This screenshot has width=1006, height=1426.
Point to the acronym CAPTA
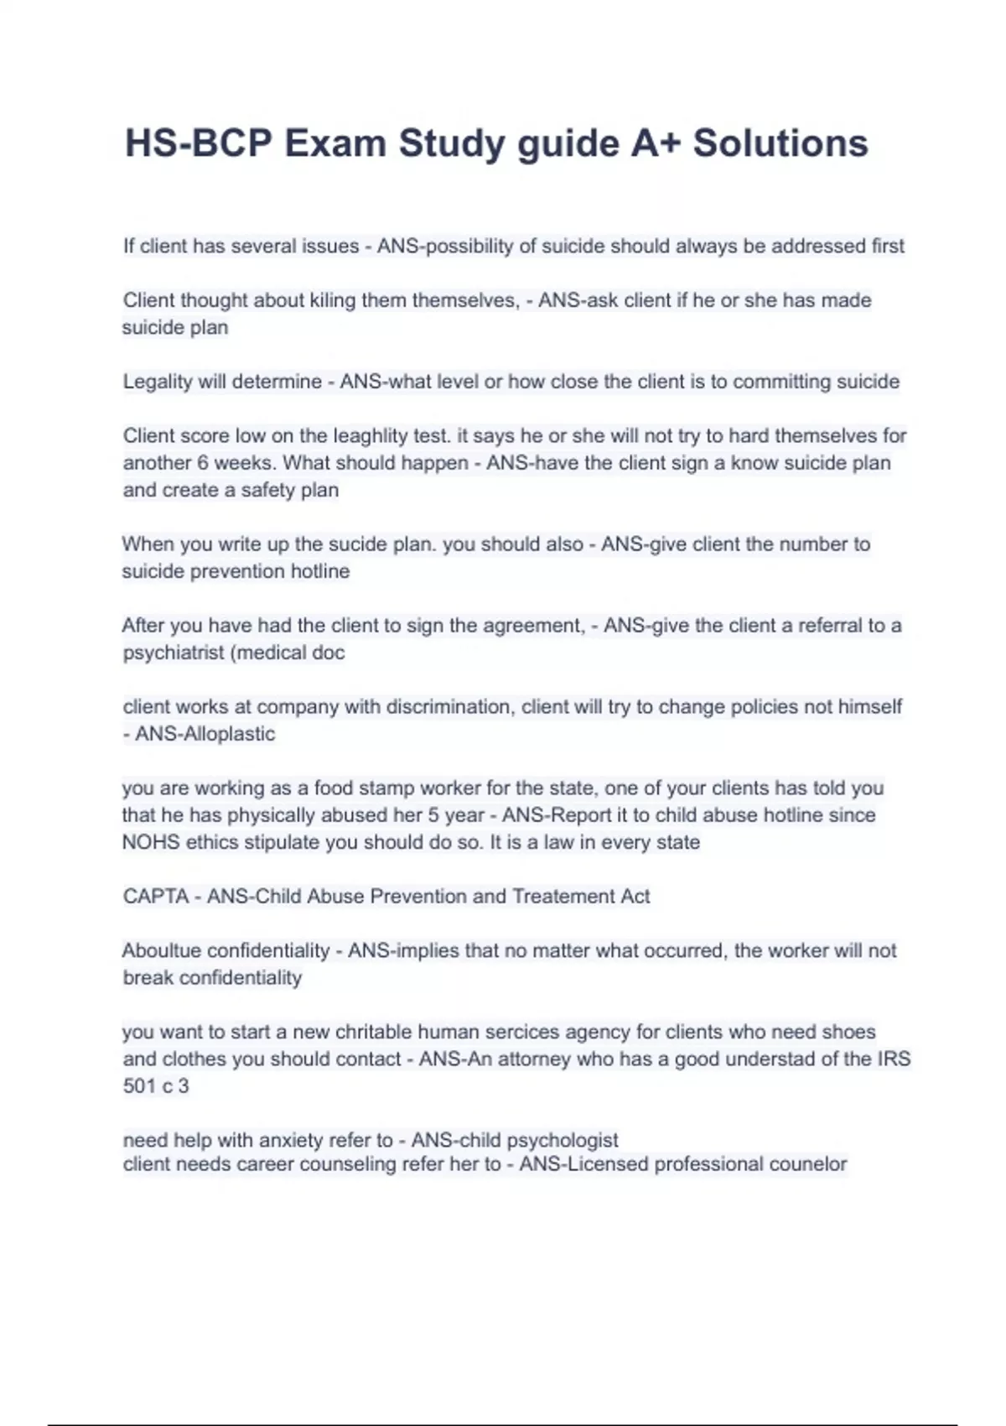156,897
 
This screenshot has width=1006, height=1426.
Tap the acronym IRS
894,1059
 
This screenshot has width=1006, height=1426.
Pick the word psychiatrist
170,653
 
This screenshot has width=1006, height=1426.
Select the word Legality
158,382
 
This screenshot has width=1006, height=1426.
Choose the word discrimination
449,707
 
